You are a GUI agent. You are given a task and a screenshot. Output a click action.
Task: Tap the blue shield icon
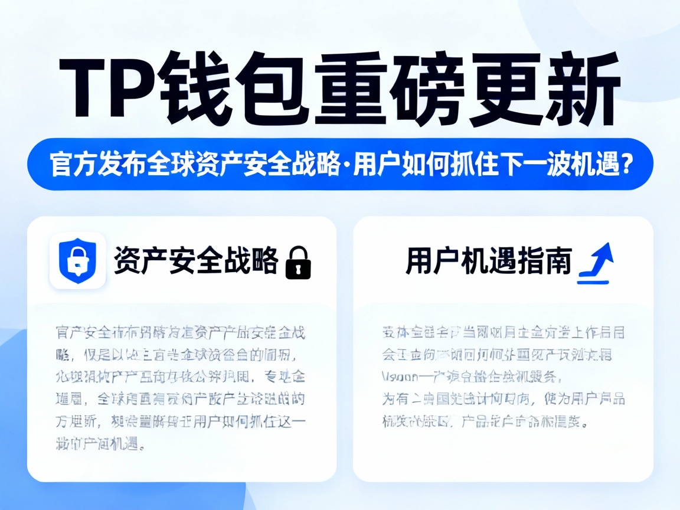[77, 261]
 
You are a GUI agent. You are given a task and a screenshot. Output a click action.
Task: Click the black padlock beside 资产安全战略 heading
[297, 263]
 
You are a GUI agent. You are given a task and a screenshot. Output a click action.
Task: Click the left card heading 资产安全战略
[195, 261]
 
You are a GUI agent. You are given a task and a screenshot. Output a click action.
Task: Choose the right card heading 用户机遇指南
[489, 261]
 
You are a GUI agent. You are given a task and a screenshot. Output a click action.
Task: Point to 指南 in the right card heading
[551, 261]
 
